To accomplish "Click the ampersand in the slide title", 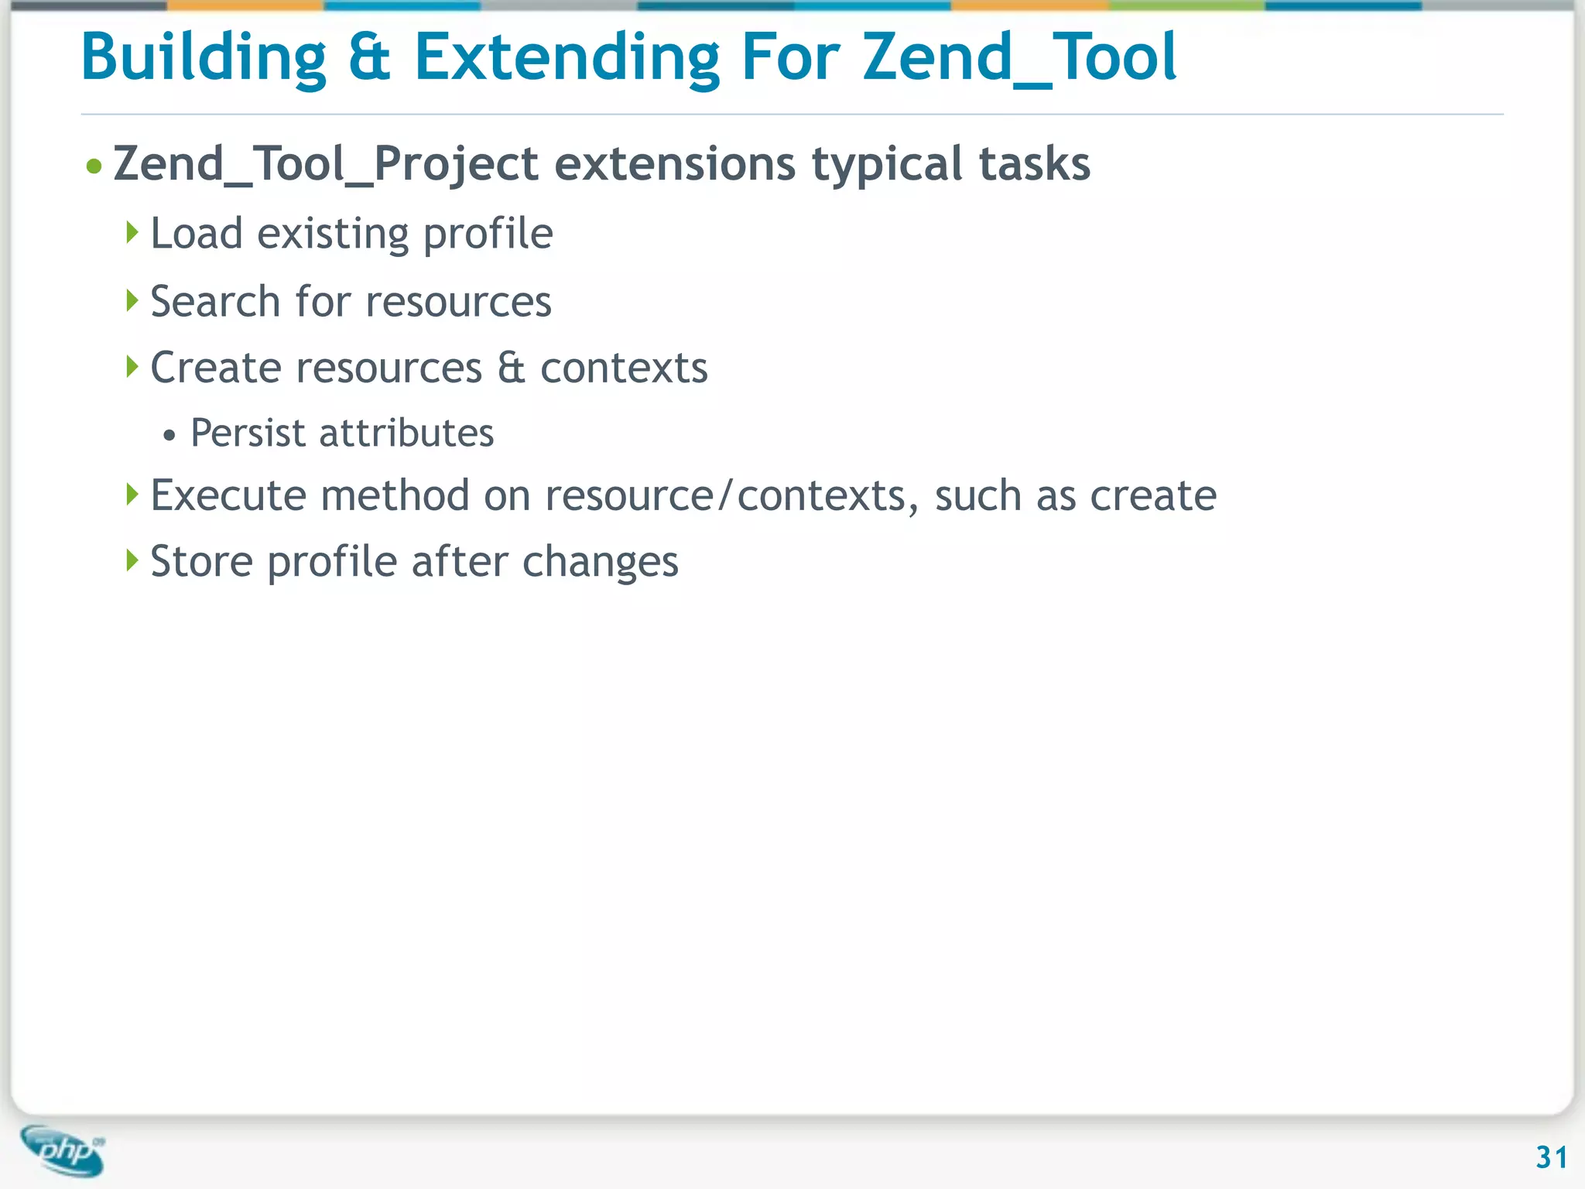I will click(369, 58).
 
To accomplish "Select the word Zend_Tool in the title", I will click(1019, 58).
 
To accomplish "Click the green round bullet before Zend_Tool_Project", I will click(94, 166).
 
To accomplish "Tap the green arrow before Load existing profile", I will click(132, 231).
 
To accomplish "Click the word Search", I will click(214, 301).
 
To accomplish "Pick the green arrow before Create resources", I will click(132, 366).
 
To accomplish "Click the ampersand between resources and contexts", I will click(511, 368).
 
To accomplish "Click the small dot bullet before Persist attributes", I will click(169, 436).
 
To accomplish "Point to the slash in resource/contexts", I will click(724, 495).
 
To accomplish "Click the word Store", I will click(201, 561).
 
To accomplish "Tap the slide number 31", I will click(1551, 1157).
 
